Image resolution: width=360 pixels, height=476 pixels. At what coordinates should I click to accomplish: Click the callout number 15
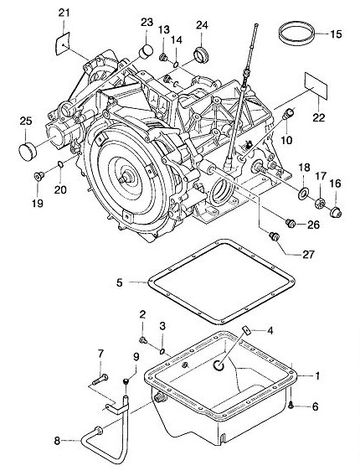coord(336,34)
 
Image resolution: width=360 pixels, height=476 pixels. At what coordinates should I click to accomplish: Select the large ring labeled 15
coord(296,42)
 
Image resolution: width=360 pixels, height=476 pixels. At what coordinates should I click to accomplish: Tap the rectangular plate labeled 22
coord(316,86)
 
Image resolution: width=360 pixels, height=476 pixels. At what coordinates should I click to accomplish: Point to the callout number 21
coord(64,13)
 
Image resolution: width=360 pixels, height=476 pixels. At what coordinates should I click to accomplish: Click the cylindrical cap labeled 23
coord(146,50)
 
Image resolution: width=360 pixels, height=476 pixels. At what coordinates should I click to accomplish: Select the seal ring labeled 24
coord(201,55)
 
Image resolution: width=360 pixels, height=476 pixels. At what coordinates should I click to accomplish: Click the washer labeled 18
coord(303,194)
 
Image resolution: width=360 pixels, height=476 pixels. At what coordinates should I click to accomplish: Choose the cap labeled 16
coord(336,212)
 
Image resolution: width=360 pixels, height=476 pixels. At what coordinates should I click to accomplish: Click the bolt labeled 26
coord(291,224)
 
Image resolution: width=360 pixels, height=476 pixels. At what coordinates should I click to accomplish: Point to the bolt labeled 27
coord(274,235)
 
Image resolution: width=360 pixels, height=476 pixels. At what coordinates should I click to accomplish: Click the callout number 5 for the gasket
coord(120,282)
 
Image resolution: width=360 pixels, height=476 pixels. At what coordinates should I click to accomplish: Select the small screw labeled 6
coord(291,404)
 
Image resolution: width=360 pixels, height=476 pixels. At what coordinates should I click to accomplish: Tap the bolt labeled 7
coord(100,379)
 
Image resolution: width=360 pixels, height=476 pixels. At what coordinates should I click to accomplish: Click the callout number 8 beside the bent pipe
coord(57,440)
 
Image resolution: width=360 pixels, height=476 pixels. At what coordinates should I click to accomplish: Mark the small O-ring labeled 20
coord(60,164)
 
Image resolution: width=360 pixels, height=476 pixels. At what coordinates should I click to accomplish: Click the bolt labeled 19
coord(39,176)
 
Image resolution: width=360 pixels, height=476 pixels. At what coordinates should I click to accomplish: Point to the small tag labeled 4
coord(247,330)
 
